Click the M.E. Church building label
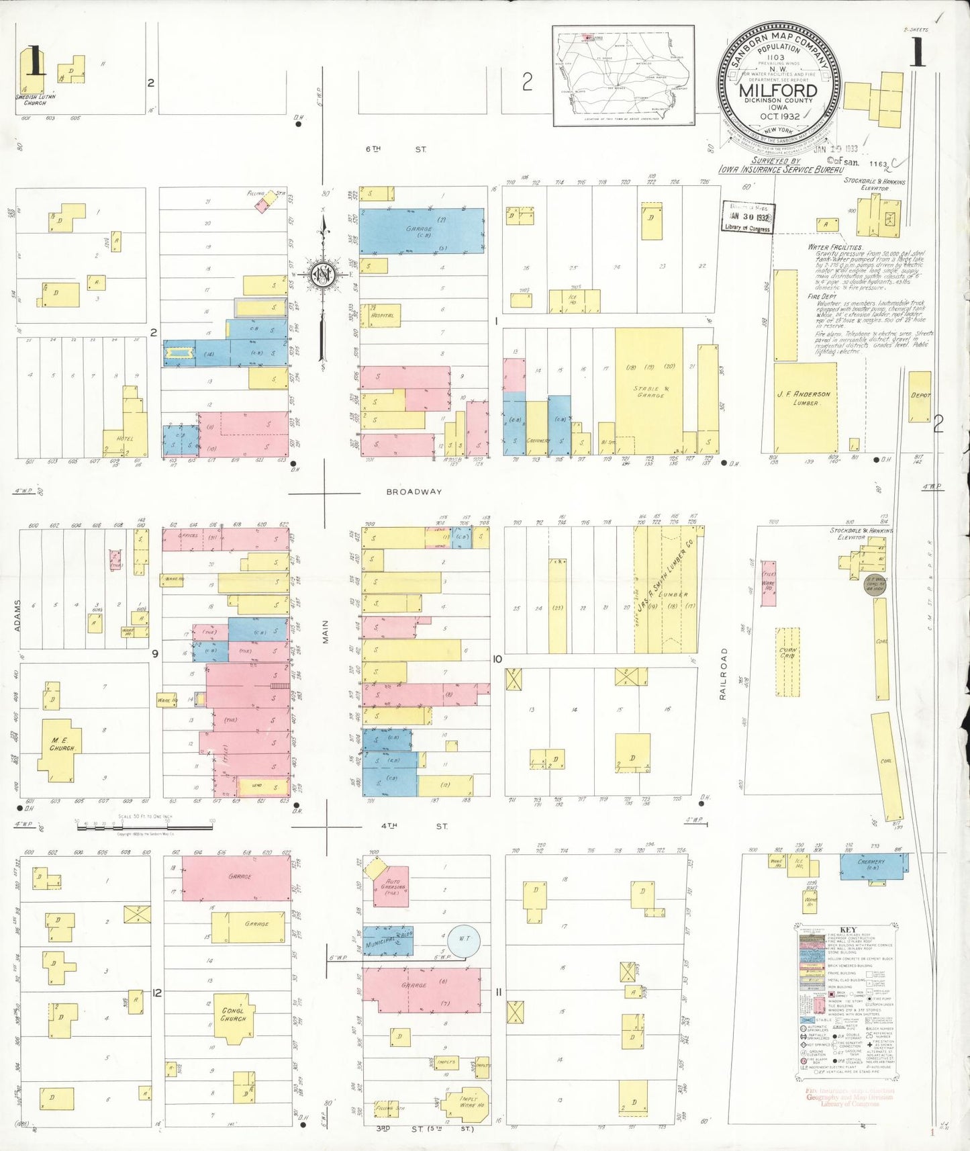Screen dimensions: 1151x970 point(64,744)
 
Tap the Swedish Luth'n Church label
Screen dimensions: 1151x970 point(35,99)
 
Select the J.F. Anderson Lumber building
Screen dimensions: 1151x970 point(805,399)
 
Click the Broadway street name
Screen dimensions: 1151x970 point(414,492)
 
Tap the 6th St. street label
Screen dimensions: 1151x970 point(396,149)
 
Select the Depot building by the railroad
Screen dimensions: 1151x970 point(920,396)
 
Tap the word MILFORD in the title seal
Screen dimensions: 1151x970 point(779,90)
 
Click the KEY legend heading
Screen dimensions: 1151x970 point(848,930)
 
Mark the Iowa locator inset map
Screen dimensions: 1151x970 point(623,76)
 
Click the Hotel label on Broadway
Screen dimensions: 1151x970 point(125,439)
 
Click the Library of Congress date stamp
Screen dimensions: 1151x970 point(748,218)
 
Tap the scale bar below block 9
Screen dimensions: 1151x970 point(144,827)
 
